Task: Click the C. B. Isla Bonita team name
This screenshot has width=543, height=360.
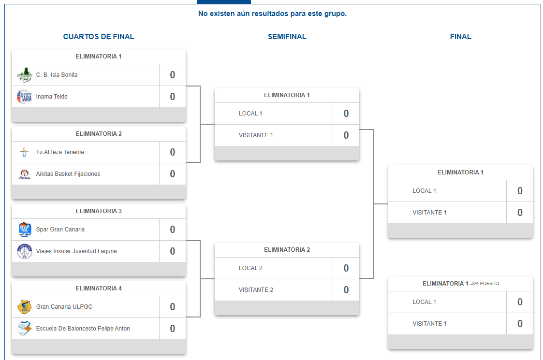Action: click(57, 75)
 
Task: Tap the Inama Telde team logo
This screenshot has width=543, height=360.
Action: click(24, 97)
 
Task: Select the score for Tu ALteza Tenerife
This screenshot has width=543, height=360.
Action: click(173, 152)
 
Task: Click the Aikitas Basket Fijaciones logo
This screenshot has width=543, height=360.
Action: click(24, 174)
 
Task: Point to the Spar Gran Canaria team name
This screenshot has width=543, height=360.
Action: click(60, 230)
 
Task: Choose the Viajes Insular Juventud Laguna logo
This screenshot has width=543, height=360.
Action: click(24, 251)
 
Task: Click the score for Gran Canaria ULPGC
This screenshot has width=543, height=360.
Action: click(173, 307)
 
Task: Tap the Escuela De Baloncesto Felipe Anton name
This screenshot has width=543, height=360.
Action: click(83, 329)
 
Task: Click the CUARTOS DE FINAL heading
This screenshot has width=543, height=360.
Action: click(99, 37)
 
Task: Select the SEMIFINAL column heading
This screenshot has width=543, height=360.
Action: click(287, 37)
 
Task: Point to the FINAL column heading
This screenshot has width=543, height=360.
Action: click(461, 37)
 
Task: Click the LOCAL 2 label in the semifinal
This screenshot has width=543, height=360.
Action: click(250, 268)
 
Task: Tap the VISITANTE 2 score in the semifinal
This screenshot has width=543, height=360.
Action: click(346, 290)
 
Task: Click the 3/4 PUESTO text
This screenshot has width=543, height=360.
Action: click(485, 284)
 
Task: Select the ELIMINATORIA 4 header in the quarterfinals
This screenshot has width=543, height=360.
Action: click(99, 288)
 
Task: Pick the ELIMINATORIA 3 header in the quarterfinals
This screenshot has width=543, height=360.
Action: click(99, 211)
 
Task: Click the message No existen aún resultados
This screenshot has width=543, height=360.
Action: click(273, 14)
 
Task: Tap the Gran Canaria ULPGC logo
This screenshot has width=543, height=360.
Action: click(24, 307)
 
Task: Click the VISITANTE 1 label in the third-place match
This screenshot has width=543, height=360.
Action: click(429, 324)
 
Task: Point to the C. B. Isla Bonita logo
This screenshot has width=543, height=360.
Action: click(24, 75)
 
